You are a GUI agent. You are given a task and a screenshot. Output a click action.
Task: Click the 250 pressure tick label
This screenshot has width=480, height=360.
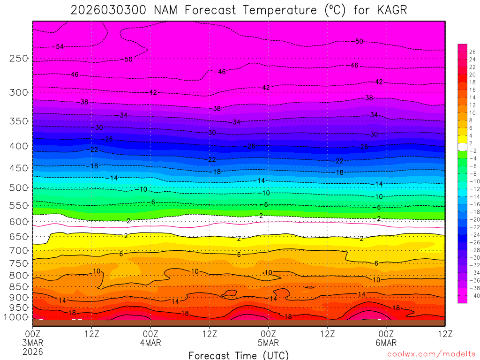tap(19, 59)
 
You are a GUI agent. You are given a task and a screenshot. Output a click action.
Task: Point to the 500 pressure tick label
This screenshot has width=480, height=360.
tap(19, 188)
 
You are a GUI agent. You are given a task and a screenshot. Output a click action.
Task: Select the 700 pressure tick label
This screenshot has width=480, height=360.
tap(19, 251)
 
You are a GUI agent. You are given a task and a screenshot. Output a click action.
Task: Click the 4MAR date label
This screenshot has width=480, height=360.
tap(150, 343)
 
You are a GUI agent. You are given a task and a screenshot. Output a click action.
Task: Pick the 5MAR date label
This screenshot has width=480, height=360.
tap(268, 343)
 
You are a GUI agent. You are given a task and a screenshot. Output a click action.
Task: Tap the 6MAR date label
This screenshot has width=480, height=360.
tap(386, 343)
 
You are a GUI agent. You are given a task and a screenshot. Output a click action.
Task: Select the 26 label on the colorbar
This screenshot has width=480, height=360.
tap(472, 52)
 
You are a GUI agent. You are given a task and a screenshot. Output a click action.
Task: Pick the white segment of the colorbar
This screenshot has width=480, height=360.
tap(462, 147)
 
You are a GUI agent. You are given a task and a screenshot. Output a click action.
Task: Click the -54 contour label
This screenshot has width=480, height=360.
tap(59, 47)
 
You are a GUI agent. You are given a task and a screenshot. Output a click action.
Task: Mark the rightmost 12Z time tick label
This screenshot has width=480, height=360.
tap(444, 334)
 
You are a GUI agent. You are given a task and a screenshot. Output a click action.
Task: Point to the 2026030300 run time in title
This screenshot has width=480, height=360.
tap(110, 10)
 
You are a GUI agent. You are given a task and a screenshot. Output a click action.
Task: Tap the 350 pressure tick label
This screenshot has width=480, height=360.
tap(19, 121)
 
